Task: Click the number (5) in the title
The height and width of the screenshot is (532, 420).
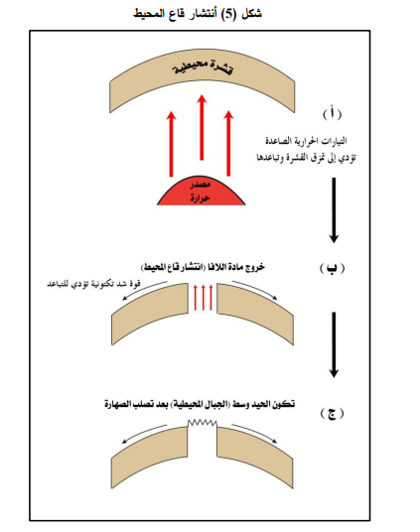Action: tap(228, 14)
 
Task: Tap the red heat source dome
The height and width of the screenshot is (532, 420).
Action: tap(201, 192)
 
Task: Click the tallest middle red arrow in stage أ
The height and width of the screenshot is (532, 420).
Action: tap(202, 127)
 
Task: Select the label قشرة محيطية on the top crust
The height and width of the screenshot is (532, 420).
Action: tap(203, 66)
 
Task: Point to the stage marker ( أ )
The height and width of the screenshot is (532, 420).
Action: tap(332, 113)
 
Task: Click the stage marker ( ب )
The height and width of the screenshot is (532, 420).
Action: tap(332, 268)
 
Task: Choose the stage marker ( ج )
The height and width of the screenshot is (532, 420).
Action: tap(332, 413)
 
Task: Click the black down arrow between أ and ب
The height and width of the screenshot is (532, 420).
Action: tap(334, 210)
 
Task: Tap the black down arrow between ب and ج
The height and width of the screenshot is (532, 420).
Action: tap(334, 344)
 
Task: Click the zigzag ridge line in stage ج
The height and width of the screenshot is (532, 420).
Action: tap(203, 423)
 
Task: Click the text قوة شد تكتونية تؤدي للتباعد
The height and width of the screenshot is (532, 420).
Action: tap(93, 284)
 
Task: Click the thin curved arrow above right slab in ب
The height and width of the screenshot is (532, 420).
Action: tap(255, 289)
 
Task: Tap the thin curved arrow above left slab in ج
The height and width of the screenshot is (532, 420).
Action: tap(144, 433)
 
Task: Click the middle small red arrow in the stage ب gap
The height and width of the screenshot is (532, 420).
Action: tap(203, 298)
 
